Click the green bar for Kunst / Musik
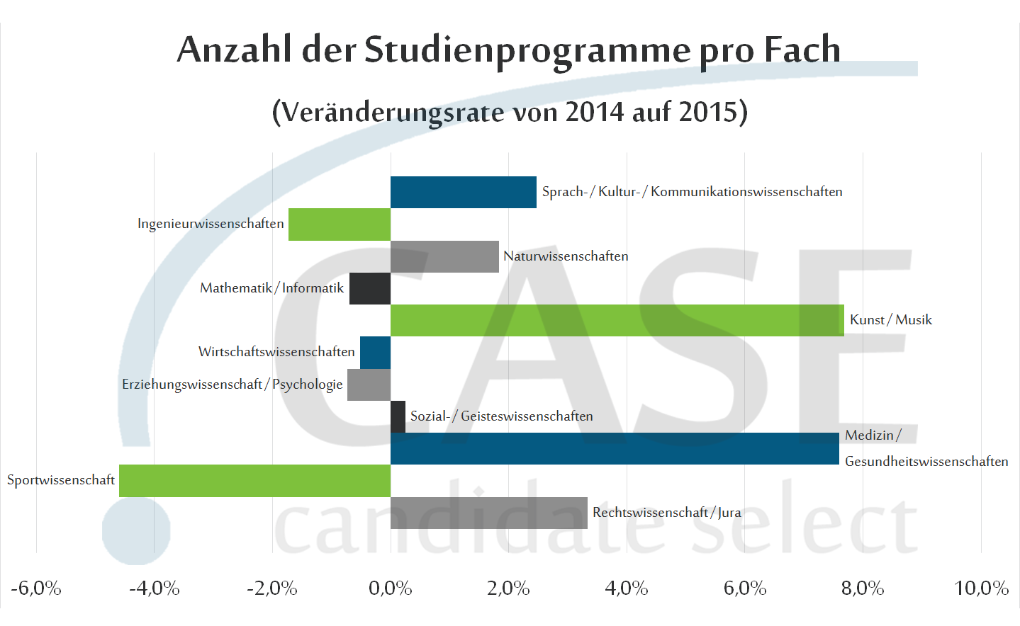click(617, 320)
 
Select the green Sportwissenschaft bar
click(254, 481)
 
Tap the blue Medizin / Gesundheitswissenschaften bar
click(615, 449)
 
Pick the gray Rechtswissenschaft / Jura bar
click(488, 513)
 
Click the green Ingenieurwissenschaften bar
click(339, 224)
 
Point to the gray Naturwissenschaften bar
click(444, 256)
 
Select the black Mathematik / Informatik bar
click(369, 288)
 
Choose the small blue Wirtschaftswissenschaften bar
click(375, 353)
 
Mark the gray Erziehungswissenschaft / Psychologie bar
click(369, 385)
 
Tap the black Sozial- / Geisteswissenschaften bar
click(398, 416)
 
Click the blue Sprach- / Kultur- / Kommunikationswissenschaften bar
click(463, 192)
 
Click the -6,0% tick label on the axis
click(36, 588)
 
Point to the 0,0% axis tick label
click(390, 588)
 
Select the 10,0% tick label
click(981, 588)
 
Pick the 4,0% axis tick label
click(626, 588)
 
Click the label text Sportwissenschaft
click(61, 480)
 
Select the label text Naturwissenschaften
click(566, 256)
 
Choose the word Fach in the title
click(802, 50)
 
